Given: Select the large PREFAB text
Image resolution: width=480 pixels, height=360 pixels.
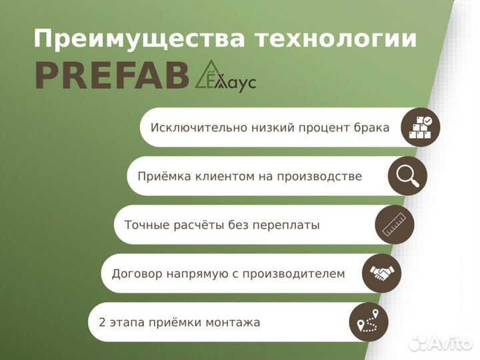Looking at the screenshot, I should pos(112,75).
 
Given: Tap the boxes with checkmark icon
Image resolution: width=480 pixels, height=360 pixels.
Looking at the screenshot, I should pos(420,127).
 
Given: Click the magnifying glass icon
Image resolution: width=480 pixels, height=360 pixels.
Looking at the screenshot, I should pos(407,175).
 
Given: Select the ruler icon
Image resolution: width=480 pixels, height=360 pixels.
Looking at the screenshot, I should pos(395,225).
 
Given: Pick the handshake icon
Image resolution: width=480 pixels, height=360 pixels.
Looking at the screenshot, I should pos(381,273).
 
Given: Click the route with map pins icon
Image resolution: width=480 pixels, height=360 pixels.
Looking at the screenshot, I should pos(369,322).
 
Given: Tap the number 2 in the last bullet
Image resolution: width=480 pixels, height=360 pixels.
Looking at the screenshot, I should pos(101,323).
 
